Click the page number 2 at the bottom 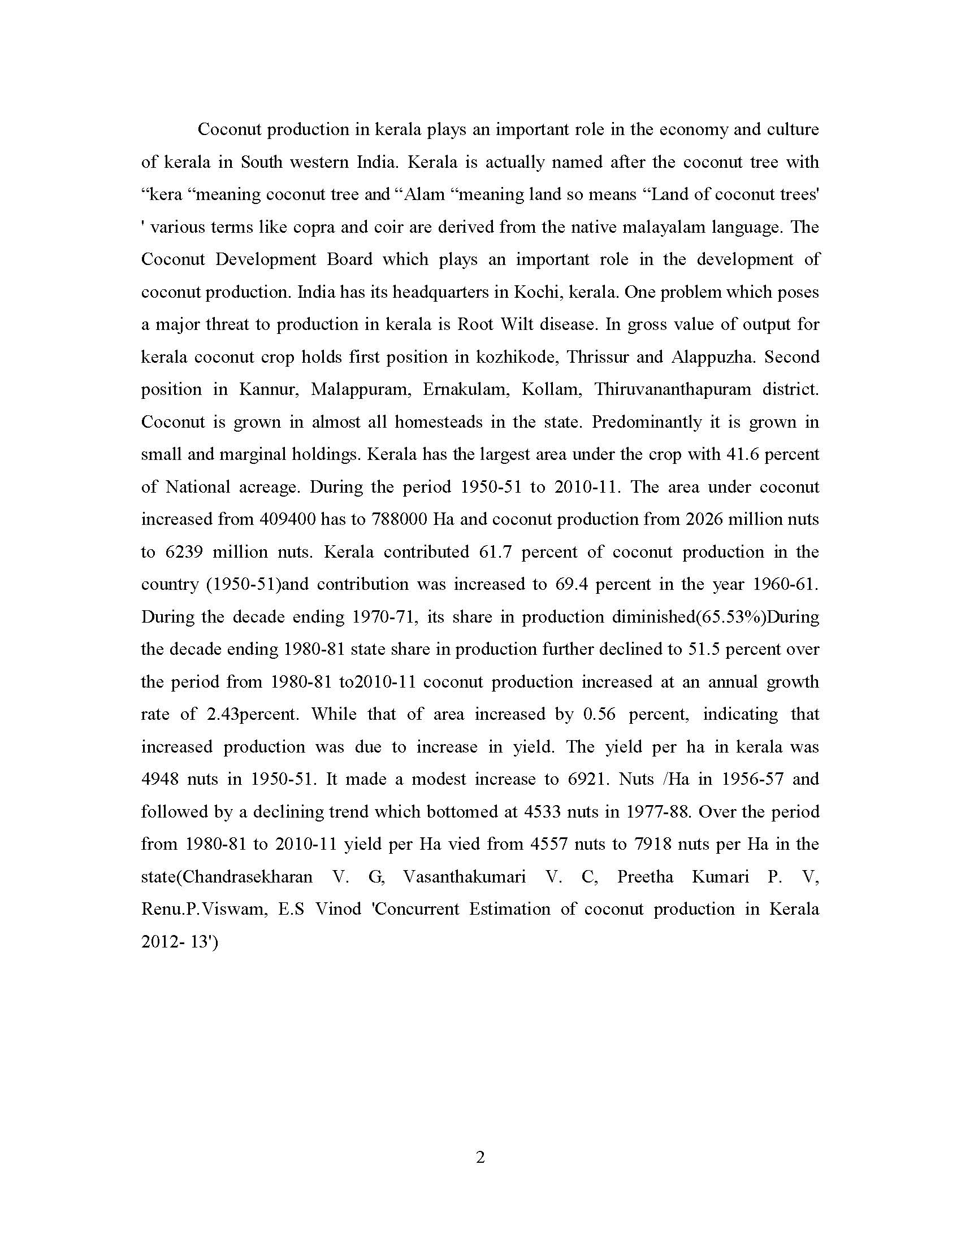click(480, 1157)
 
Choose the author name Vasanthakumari click(465, 876)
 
